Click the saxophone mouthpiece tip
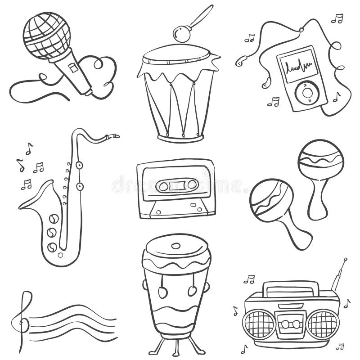(x=116, y=135)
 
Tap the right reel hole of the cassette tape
(x=192, y=184)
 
